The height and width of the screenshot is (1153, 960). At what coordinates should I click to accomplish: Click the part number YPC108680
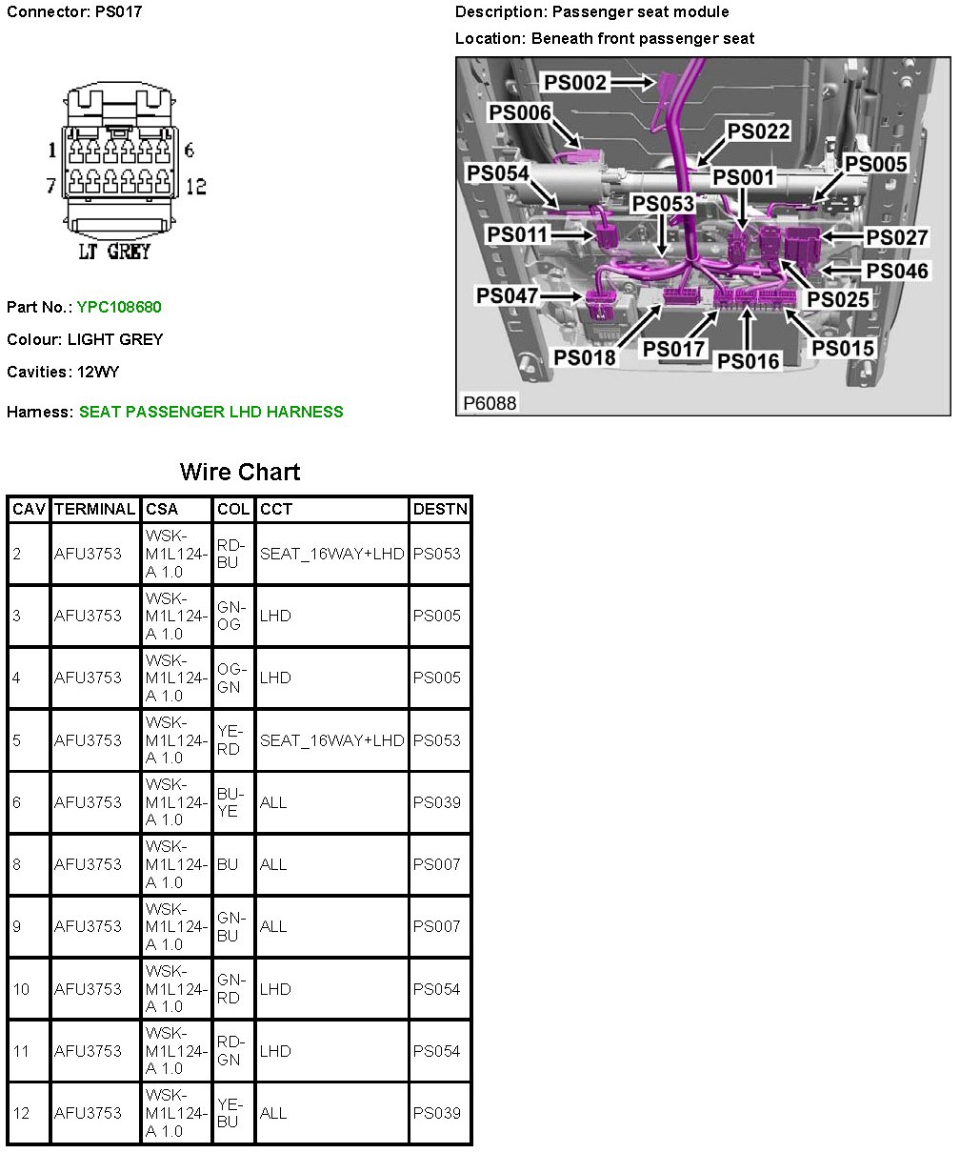point(119,307)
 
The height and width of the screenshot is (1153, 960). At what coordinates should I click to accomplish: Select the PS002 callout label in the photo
point(575,83)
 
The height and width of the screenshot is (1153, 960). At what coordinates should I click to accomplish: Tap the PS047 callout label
point(508,295)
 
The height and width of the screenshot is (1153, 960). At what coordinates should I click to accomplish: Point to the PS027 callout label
point(896,237)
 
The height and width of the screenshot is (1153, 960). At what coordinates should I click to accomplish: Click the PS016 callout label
point(748,360)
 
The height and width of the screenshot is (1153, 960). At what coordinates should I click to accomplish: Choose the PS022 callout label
point(759,131)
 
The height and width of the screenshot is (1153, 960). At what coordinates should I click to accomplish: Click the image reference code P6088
point(490,403)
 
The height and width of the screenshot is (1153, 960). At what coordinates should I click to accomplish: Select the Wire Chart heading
point(240,472)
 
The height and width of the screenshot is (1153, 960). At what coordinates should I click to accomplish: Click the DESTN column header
point(440,509)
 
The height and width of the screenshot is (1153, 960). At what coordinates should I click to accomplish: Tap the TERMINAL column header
point(95,509)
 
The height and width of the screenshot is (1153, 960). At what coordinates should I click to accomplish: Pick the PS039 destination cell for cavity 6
point(436,802)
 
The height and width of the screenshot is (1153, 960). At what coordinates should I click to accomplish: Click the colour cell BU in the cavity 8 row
point(227,864)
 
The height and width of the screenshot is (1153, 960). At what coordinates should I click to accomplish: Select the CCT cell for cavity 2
point(331,554)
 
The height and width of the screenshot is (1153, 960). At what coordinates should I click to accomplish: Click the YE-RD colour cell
point(230,740)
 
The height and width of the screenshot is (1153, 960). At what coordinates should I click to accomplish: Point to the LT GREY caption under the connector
point(113,252)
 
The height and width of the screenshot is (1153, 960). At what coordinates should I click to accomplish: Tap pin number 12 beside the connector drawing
point(195,186)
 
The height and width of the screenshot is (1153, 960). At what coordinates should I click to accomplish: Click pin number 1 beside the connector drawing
point(53,150)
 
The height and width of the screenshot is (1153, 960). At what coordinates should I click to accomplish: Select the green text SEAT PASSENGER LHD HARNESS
point(211,412)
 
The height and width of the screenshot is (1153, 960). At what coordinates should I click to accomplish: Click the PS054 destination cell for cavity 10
point(436,989)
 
